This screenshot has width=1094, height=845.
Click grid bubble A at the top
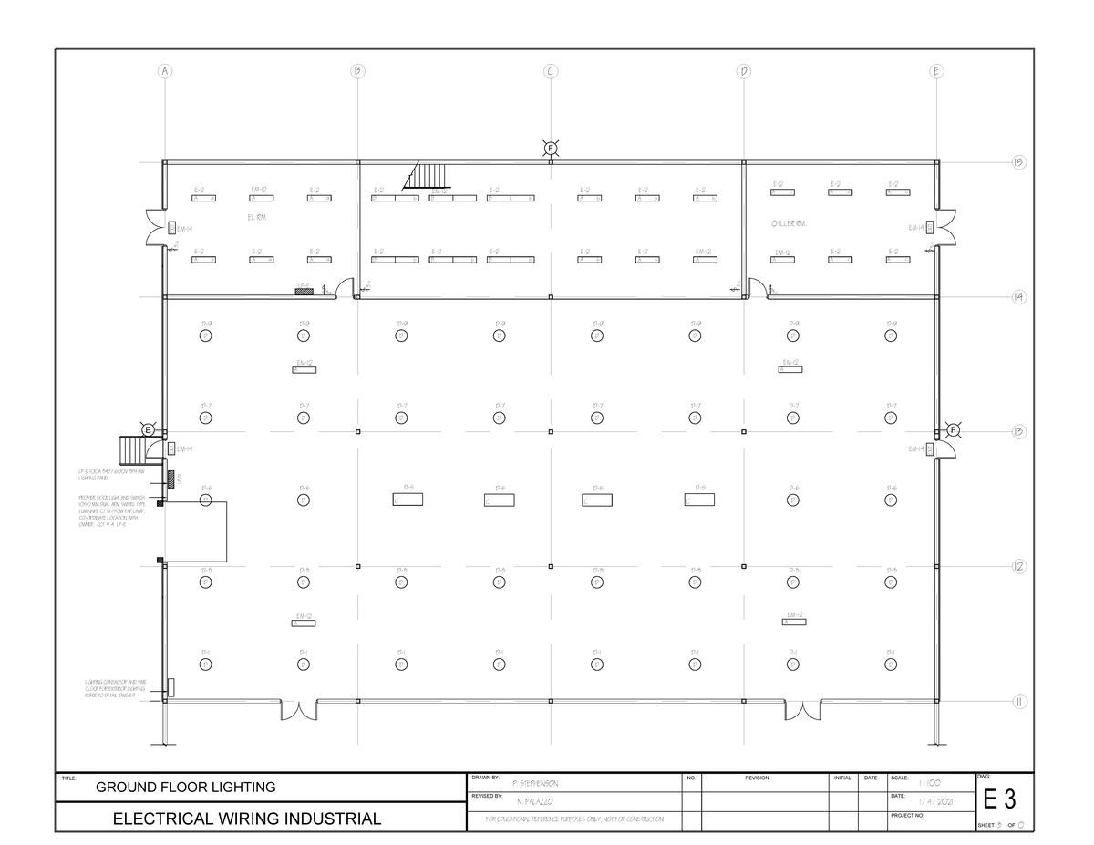[165, 71]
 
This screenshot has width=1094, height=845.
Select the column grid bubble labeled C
[551, 71]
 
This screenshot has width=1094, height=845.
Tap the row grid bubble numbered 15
[1017, 162]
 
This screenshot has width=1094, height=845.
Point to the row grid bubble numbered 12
[1017, 566]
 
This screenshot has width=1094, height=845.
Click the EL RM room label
[256, 218]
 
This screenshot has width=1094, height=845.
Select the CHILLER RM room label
[788, 223]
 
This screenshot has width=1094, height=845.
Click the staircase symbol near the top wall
[428, 174]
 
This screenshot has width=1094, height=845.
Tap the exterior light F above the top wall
[551, 149]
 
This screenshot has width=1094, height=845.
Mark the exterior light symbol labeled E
[147, 429]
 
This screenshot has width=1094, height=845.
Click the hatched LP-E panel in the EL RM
[303, 291]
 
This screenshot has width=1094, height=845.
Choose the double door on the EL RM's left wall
[156, 228]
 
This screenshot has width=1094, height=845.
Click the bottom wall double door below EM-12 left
[298, 709]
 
